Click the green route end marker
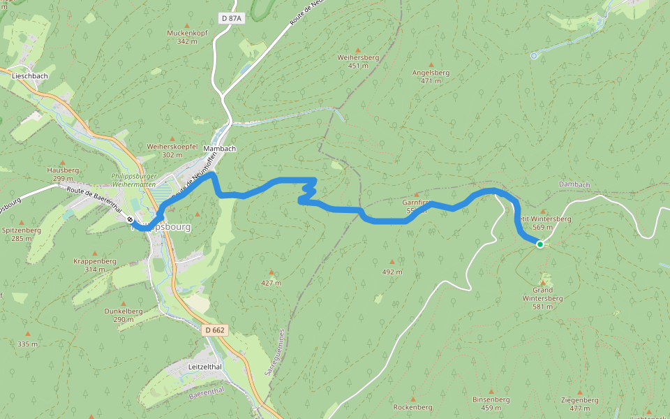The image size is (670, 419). coord(539,244)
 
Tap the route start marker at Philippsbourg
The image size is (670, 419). coord(131,219)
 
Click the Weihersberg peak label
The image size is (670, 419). coord(357,61)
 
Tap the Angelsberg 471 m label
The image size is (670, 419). coord(431,76)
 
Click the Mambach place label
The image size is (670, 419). coord(219,149)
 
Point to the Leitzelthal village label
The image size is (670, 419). coord(205,366)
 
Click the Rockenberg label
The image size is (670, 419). coord(413,406)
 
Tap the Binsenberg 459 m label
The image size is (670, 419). coord(491,403)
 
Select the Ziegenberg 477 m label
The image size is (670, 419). coord(579,404)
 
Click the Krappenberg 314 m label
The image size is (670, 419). coord(94,265)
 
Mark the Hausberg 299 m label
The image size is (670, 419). coord(63,174)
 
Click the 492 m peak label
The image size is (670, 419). coord(392,272)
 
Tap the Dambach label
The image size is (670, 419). coord(574,184)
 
